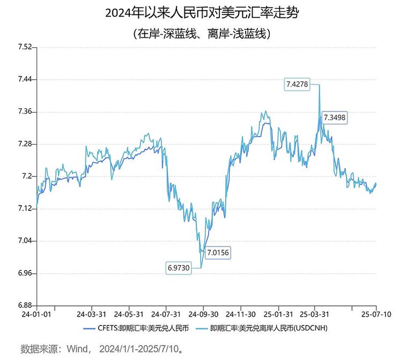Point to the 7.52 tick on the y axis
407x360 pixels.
pyautogui.click(x=25, y=48)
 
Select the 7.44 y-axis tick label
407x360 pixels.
pyautogui.click(x=25, y=80)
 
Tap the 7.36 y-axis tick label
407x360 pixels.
pyautogui.click(x=25, y=112)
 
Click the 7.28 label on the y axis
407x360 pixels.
pyautogui.click(x=25, y=144)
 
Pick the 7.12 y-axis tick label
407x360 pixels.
pyautogui.click(x=25, y=209)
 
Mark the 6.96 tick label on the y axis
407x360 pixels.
pyautogui.click(x=25, y=274)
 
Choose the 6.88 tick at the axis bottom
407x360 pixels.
pyautogui.click(x=25, y=305)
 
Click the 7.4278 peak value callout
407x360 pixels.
pyautogui.click(x=297, y=84)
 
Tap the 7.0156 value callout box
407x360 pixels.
pyautogui.click(x=217, y=253)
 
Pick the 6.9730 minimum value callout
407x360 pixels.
pyautogui.click(x=179, y=267)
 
